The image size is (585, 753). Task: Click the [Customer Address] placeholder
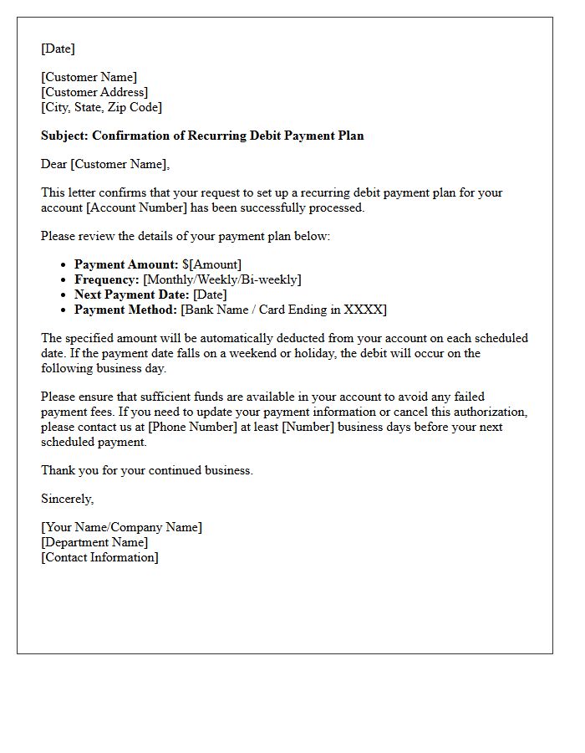pyautogui.click(x=94, y=92)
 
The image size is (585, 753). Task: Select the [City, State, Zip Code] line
pyautogui.click(x=101, y=107)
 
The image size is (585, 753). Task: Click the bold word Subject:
pyautogui.click(x=64, y=136)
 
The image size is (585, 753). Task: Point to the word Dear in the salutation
pyautogui.click(x=54, y=164)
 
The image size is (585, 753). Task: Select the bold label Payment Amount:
pyautogui.click(x=126, y=264)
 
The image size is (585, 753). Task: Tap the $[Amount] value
pyautogui.click(x=211, y=264)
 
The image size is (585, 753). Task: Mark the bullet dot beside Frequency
pyautogui.click(x=64, y=279)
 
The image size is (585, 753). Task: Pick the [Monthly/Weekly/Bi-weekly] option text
pyautogui.click(x=222, y=279)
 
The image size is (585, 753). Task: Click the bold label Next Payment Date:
pyautogui.click(x=132, y=295)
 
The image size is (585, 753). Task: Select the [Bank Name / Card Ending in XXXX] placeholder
pyautogui.click(x=283, y=310)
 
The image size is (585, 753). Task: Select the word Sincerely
pyautogui.click(x=67, y=499)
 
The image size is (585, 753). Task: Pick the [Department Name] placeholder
pyautogui.click(x=94, y=542)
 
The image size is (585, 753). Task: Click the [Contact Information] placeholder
pyautogui.click(x=99, y=557)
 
